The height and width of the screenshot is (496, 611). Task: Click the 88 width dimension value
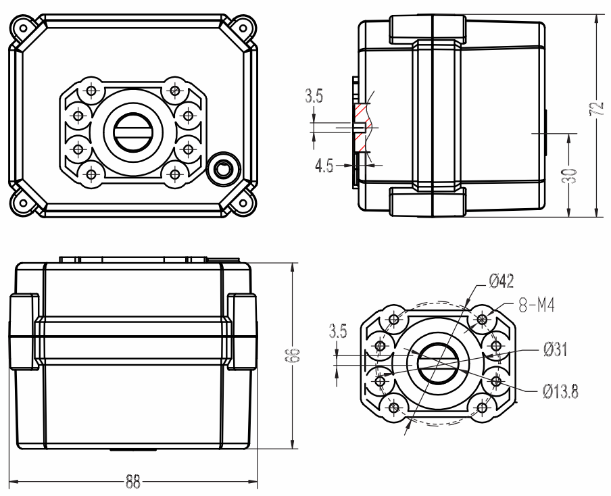click(x=133, y=482)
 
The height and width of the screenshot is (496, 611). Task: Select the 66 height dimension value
click(x=295, y=355)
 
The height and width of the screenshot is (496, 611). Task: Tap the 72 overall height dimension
click(x=597, y=109)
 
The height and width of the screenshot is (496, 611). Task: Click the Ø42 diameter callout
click(x=502, y=280)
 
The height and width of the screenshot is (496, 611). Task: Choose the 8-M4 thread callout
click(x=537, y=305)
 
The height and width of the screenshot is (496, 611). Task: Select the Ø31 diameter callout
click(x=556, y=349)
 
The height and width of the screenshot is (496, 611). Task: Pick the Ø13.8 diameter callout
click(x=561, y=391)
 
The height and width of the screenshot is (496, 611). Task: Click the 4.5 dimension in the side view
click(x=324, y=166)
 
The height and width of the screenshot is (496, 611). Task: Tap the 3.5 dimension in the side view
click(x=314, y=96)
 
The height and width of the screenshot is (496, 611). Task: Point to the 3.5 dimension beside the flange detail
click(x=338, y=331)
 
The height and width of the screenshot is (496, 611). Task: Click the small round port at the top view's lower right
click(x=223, y=170)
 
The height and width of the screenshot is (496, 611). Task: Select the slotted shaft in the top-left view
click(x=133, y=132)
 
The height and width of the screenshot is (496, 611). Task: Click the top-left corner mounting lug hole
click(x=24, y=28)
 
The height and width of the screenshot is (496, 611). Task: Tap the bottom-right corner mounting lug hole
click(x=243, y=203)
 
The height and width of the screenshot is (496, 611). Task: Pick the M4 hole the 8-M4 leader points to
click(x=483, y=320)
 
